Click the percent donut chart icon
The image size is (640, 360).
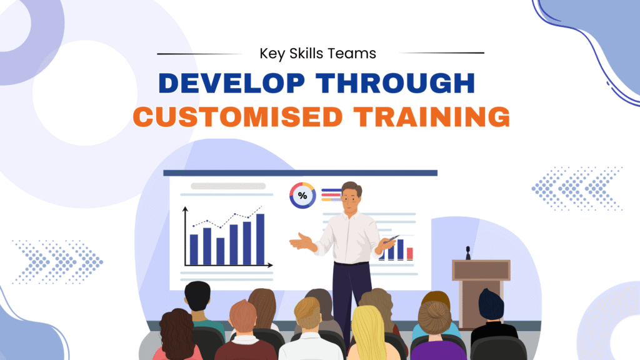(302, 196)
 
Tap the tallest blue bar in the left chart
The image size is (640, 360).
(260, 239)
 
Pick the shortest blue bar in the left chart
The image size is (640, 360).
(220, 251)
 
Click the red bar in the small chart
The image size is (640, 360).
(410, 253)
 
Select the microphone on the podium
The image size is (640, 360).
(467, 252)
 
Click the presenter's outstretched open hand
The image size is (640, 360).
(301, 242)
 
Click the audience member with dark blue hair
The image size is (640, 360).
(491, 306)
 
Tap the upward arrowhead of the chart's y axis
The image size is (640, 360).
(186, 211)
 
